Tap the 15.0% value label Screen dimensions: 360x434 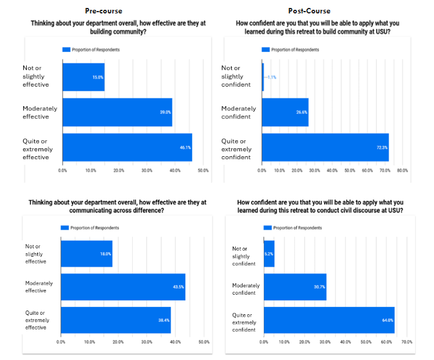coord(97,77)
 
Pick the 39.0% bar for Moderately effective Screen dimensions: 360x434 coord(117,112)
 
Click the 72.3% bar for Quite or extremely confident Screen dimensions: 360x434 coord(325,147)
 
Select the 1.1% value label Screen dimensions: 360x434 coord(271,77)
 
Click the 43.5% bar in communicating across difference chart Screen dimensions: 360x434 coord(123,287)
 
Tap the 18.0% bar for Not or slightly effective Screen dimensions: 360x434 coord(86,254)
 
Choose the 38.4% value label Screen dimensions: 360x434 coord(164,320)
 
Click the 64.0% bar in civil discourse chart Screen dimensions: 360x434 coord(329,320)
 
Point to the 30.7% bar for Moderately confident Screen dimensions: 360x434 coord(295,287)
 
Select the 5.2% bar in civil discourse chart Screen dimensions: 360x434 coord(269,254)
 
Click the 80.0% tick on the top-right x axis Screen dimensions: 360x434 coord(402,170)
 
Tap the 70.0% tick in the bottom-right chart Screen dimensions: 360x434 coord(407,342)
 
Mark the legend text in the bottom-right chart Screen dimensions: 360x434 coord(297,228)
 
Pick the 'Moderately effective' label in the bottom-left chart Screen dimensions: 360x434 coord(39,287)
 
